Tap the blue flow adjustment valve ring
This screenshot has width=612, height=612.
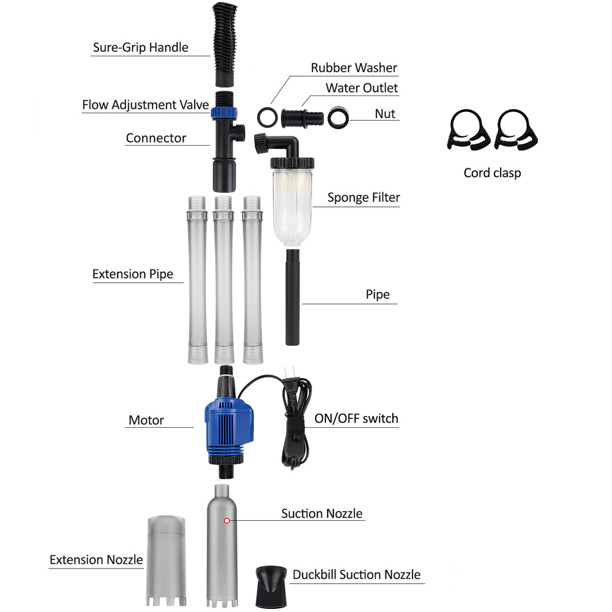(x=220, y=112)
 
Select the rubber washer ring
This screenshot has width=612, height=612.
(x=266, y=116)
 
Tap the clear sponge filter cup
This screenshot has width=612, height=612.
(x=291, y=202)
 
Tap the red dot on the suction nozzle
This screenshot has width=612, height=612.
(x=227, y=521)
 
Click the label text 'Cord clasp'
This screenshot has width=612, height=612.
(x=492, y=173)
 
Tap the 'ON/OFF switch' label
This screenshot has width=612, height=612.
(x=356, y=419)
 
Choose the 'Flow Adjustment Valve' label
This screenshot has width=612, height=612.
(x=146, y=105)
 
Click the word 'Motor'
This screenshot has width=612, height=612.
(x=146, y=420)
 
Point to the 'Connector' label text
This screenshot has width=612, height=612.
(x=156, y=138)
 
